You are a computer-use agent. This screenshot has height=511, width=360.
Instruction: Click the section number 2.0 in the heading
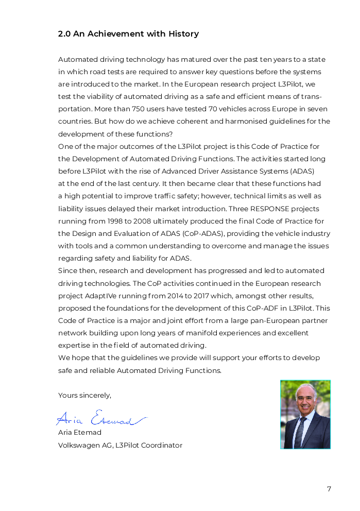pyautogui.click(x=64, y=34)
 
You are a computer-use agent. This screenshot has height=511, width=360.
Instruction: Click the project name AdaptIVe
pyautogui.click(x=105, y=296)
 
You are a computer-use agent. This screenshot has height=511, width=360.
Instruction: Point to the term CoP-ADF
pyautogui.click(x=255, y=308)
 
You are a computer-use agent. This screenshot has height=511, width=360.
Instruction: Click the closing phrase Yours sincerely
pyautogui.click(x=84, y=396)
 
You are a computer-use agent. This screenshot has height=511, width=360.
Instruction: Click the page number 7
pyautogui.click(x=329, y=489)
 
